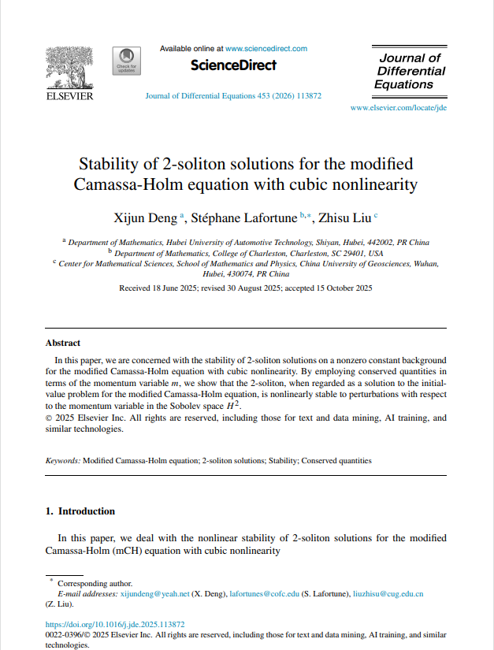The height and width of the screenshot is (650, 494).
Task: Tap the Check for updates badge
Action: coord(126,61)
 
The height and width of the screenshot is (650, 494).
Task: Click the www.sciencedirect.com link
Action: coord(266,49)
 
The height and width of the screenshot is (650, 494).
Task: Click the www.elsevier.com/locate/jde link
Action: coord(398,107)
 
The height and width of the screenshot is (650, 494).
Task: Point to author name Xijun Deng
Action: coord(147,217)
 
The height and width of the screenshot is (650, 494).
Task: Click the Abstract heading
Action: coord(63,343)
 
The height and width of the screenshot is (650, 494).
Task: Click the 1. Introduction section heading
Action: coord(80,511)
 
